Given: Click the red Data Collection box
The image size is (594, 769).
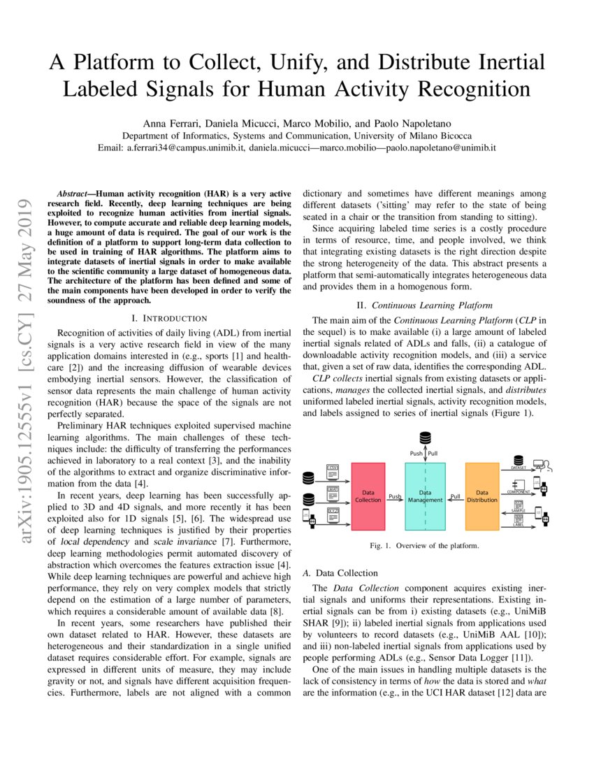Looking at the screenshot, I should coord(368,496).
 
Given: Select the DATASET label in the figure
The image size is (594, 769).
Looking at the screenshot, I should coord(519,468).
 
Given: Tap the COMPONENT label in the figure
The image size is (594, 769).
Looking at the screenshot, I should coord(519,492).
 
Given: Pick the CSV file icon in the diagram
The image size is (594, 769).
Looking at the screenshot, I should coord(333,470).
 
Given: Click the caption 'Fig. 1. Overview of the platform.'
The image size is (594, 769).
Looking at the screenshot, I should coord(424,546).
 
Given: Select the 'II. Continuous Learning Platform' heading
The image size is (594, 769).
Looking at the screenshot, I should coord(424,305).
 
